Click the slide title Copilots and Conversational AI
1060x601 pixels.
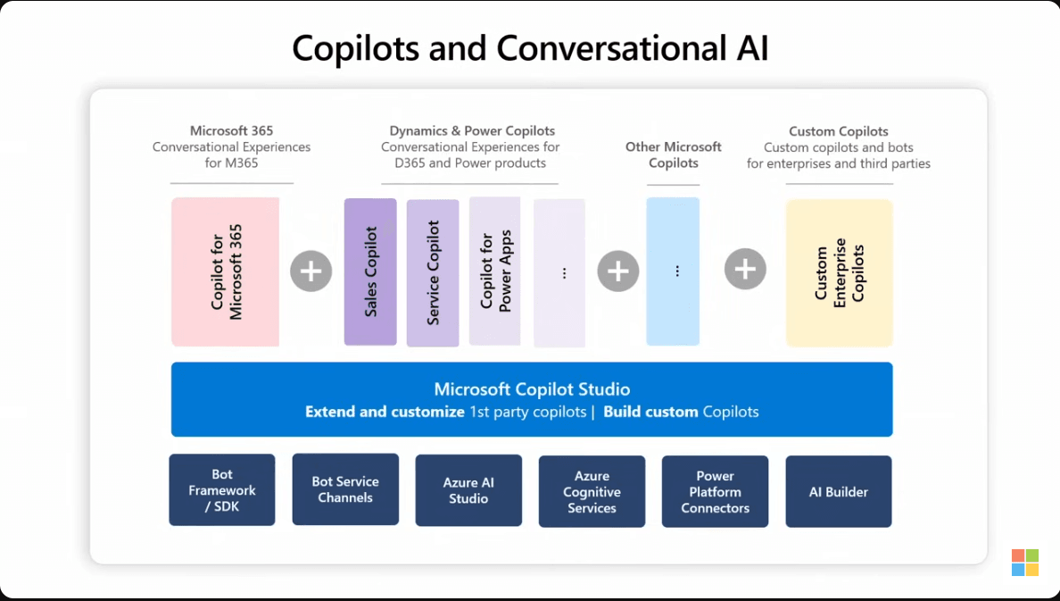tap(530, 48)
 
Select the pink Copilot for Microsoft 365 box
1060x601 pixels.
tap(225, 271)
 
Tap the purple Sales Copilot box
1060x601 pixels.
tap(370, 271)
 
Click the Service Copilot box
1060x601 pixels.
tap(433, 272)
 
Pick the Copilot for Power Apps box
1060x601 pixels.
tap(494, 271)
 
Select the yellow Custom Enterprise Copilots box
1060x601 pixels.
tap(839, 272)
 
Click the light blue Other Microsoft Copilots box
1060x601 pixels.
tap(673, 271)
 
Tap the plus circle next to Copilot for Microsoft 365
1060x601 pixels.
tap(311, 271)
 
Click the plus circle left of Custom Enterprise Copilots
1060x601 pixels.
tap(745, 269)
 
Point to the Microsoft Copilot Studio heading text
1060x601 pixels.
tap(532, 389)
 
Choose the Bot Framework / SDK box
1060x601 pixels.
tap(222, 490)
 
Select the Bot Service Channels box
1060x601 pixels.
tap(345, 489)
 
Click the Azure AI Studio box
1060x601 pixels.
tap(468, 490)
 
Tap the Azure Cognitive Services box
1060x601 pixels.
tap(592, 492)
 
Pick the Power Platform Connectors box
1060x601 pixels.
tap(715, 492)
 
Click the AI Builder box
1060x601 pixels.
tap(838, 492)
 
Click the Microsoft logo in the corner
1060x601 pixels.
tap(1024, 563)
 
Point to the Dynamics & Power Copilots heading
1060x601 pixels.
tap(472, 131)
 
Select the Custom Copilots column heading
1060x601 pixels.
tap(838, 131)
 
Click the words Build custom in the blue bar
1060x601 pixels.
tap(650, 413)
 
